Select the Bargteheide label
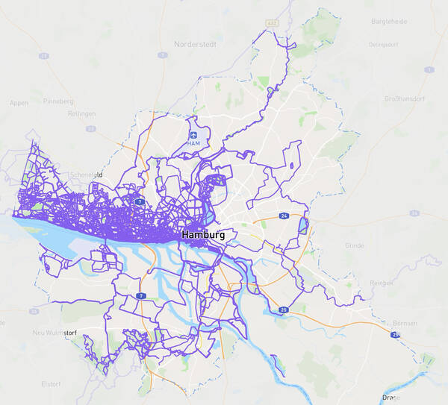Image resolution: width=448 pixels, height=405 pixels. click(x=389, y=22)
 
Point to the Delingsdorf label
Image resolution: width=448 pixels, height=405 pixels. click(x=383, y=45)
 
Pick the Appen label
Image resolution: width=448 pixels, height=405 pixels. click(x=19, y=102)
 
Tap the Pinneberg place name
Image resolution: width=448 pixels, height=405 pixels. click(x=60, y=100)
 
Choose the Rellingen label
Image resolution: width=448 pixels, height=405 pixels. click(x=81, y=113)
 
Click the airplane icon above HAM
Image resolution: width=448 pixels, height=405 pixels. click(x=194, y=135)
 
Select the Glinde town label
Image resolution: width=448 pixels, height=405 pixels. click(x=354, y=245)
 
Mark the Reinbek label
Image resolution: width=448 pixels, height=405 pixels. click(x=382, y=283)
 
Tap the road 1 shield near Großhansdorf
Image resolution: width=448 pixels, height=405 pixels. click(x=429, y=69)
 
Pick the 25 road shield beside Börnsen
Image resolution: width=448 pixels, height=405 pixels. click(x=395, y=336)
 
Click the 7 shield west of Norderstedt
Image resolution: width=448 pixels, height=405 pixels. click(x=163, y=54)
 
